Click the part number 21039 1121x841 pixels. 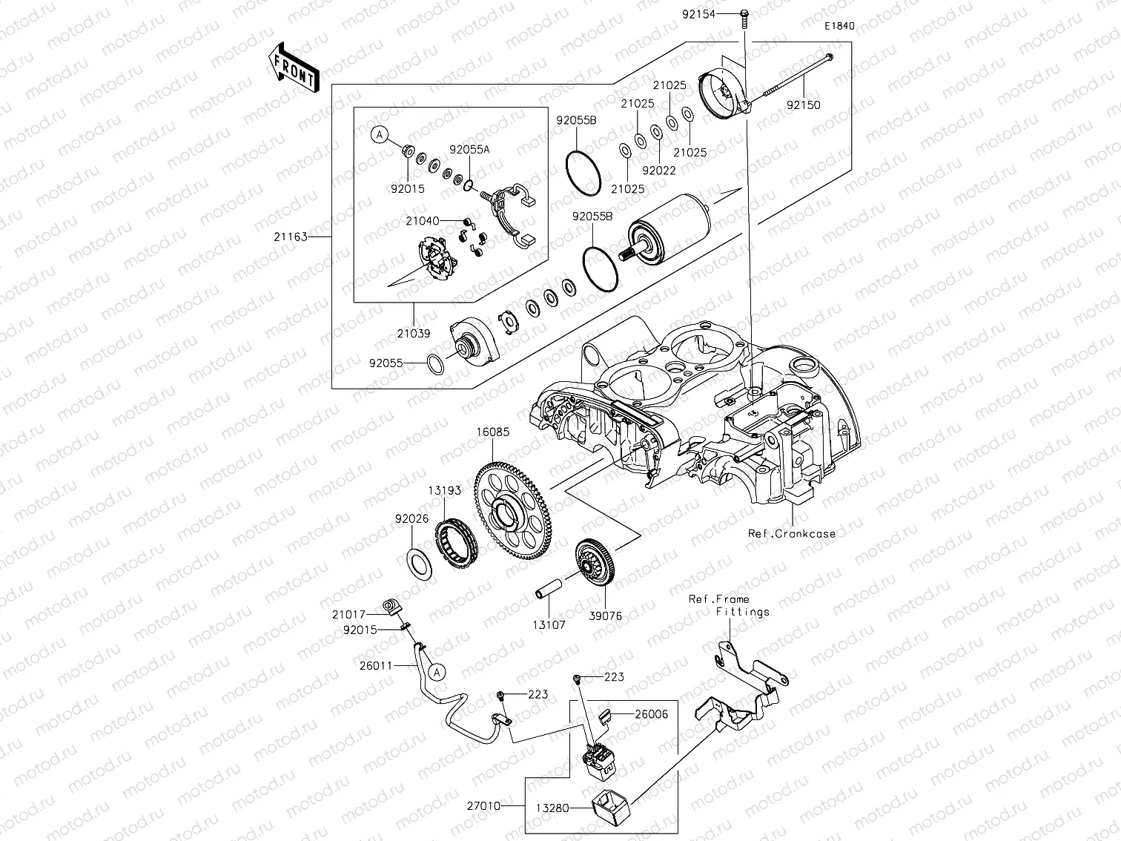413,334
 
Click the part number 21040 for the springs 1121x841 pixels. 422,221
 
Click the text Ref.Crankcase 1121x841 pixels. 791,533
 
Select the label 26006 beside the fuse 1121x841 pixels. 650,714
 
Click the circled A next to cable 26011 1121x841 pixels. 437,672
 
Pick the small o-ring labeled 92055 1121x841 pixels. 437,363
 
